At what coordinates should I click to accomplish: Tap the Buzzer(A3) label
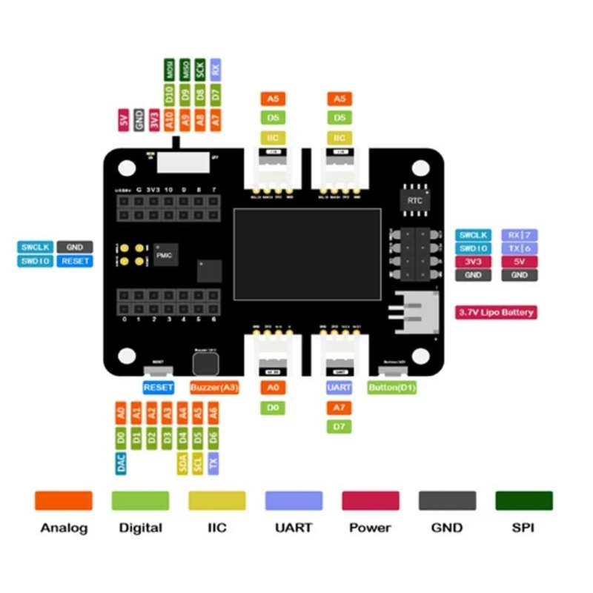pos(214,388)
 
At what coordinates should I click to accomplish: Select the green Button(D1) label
pos(391,388)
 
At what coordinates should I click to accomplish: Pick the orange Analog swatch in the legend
pos(64,500)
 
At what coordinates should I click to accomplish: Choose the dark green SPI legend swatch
pos(524,500)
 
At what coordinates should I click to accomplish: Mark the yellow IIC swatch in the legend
pos(217,500)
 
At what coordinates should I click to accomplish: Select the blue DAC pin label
pos(121,464)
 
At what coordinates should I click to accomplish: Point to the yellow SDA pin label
pos(182,464)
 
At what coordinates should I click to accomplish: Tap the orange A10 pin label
pos(169,119)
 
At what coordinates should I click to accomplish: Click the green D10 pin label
pos(169,94)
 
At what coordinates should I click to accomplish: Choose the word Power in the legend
pos(370,528)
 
